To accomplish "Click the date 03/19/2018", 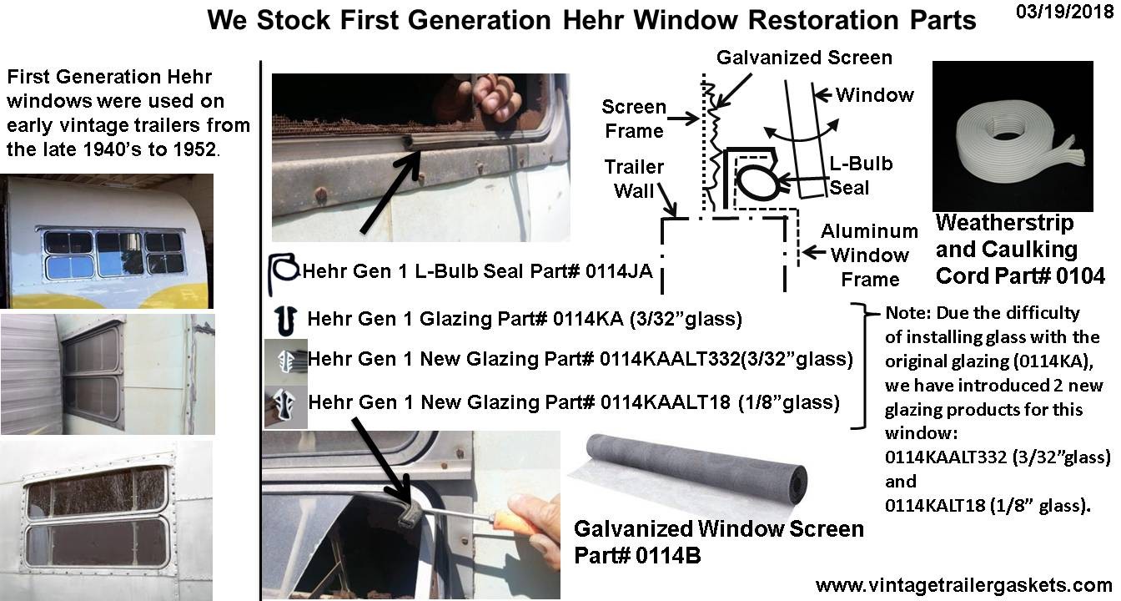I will pos(1058,16).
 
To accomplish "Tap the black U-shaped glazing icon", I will pos(284,319).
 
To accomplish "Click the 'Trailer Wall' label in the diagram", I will pos(635,179).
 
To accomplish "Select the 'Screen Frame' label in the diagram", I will pos(635,119).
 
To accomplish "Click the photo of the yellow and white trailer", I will pos(107,241).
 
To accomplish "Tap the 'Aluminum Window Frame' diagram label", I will pos(869,255).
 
